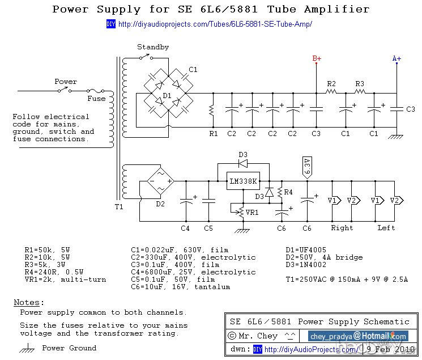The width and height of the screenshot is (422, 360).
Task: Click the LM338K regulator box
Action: point(242,181)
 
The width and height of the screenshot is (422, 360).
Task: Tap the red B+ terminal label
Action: point(317,58)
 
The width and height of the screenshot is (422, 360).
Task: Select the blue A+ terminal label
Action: point(397,58)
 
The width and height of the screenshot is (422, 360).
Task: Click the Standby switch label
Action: point(153,47)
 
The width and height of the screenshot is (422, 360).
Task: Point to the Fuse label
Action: point(96,98)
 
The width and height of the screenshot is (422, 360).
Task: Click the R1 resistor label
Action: point(214,134)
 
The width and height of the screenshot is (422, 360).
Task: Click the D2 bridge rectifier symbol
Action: point(160,181)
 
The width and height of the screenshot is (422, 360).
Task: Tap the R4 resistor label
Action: point(288,192)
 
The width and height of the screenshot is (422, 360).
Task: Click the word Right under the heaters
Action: point(342,228)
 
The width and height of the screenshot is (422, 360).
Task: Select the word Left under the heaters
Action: point(386,228)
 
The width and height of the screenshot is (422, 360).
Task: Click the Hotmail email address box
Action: point(358,336)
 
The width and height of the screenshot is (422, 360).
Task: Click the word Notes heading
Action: point(28,302)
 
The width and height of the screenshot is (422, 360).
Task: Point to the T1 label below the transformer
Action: point(119,207)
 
